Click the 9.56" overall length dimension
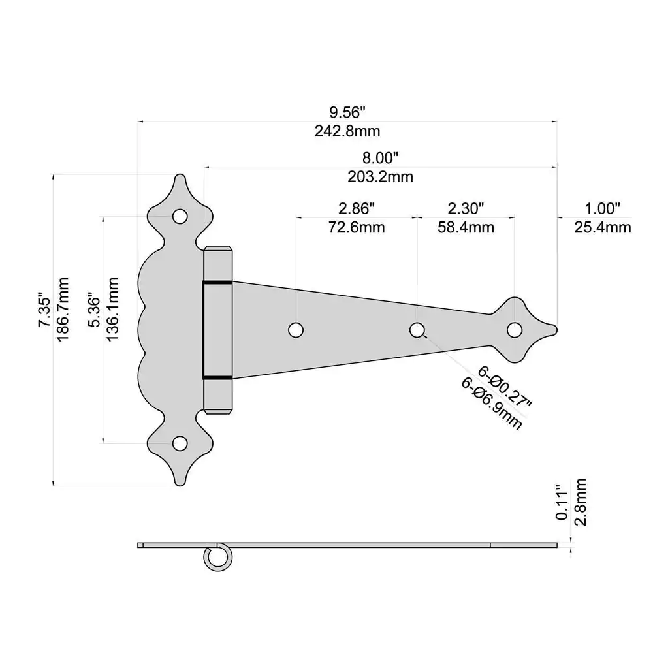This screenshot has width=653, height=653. [x=347, y=112]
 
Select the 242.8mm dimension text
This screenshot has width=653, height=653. [x=347, y=131]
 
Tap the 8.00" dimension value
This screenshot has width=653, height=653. [x=380, y=158]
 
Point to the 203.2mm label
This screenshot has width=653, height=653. [x=380, y=177]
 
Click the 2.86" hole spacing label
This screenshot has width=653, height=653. [x=357, y=208]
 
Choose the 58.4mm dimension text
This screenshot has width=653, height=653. [x=466, y=227]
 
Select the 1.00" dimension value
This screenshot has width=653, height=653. [x=602, y=208]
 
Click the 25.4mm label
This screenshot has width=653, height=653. [x=603, y=227]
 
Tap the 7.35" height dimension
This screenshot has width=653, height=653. [x=44, y=311]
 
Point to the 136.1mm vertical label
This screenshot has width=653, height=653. [x=112, y=309]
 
